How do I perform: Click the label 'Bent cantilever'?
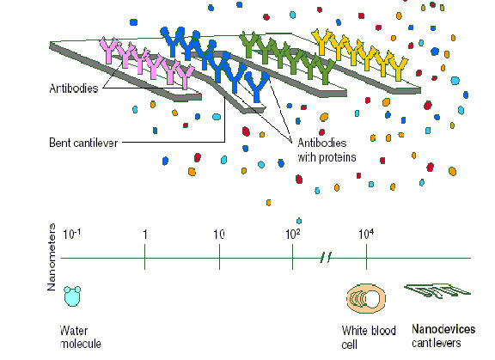[x=83, y=143]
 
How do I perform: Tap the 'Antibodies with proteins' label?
[x=327, y=150]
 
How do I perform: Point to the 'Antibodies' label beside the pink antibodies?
[x=74, y=88]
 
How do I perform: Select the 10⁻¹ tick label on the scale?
[x=71, y=235]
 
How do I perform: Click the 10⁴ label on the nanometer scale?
[x=366, y=235]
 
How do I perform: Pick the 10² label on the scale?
[x=293, y=235]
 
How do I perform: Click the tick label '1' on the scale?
[x=145, y=235]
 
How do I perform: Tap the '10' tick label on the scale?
[x=219, y=235]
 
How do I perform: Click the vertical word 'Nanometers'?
[x=52, y=257]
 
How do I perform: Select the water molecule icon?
[x=72, y=296]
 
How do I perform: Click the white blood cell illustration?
[x=366, y=298]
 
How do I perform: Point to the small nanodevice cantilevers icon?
[x=437, y=290]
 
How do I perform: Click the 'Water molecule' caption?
[x=80, y=338]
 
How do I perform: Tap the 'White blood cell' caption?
[x=369, y=338]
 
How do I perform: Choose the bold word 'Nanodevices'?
[x=443, y=329]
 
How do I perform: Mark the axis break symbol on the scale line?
[x=325, y=258]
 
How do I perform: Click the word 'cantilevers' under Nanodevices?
[x=437, y=343]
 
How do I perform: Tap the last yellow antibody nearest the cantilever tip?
[x=399, y=69]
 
